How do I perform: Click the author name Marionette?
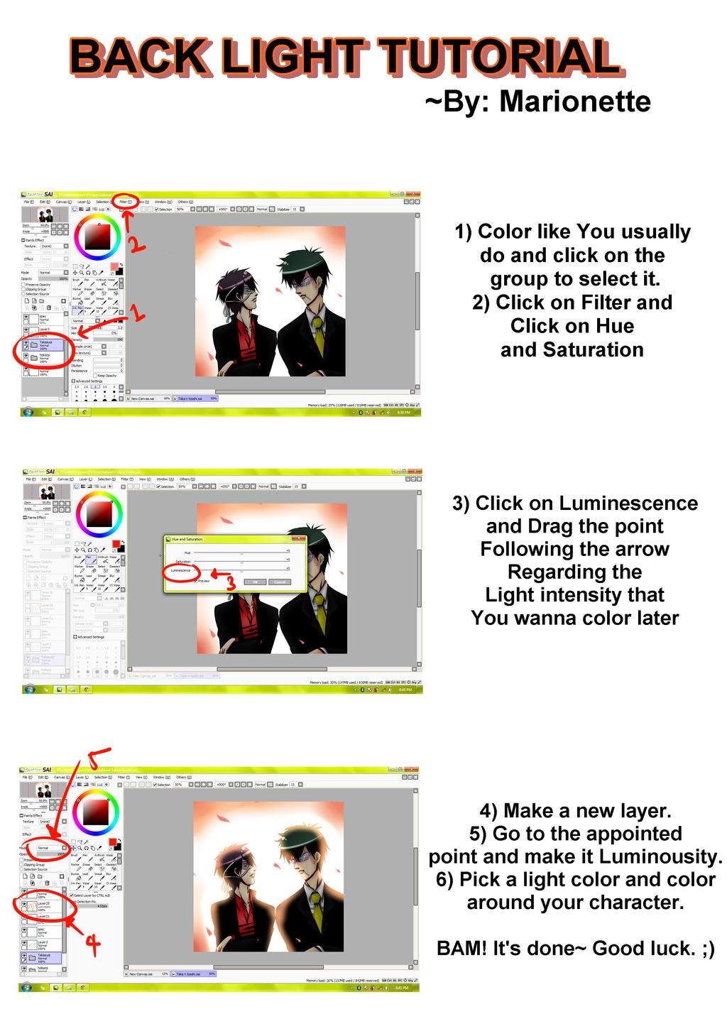(574, 102)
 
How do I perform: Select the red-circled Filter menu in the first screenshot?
(126, 202)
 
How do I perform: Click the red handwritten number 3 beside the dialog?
(230, 583)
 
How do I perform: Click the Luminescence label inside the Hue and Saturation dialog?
(181, 570)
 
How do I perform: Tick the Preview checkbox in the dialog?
(197, 581)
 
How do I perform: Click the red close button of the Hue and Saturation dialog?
(301, 539)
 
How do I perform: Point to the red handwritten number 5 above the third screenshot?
(98, 758)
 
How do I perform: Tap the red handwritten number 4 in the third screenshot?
(92, 944)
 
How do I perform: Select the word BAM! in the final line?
(459, 949)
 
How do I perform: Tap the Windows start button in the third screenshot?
(26, 987)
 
